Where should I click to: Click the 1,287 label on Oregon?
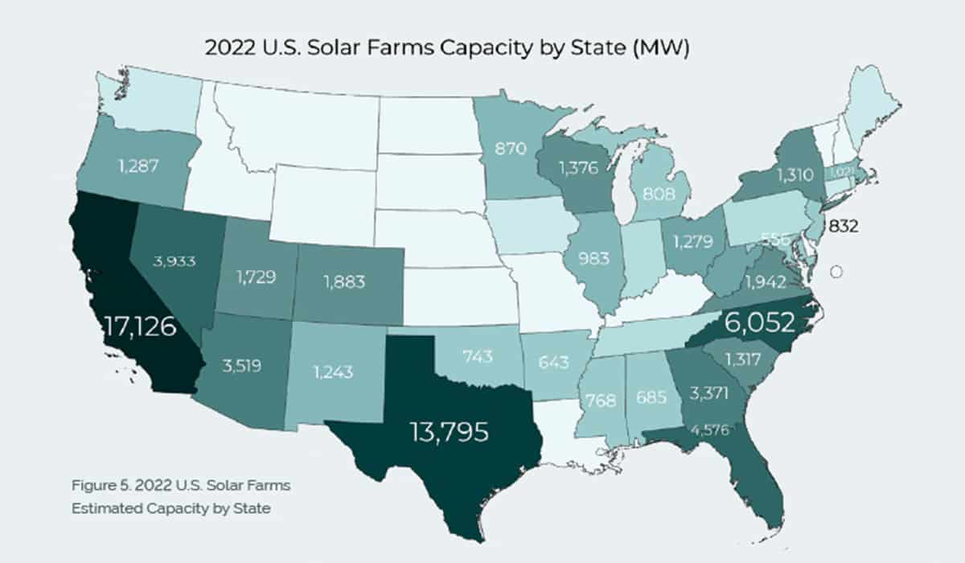[x=133, y=166]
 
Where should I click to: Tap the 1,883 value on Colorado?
[x=344, y=281]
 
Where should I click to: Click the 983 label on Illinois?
[x=593, y=260]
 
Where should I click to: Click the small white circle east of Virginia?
[x=836, y=272]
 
